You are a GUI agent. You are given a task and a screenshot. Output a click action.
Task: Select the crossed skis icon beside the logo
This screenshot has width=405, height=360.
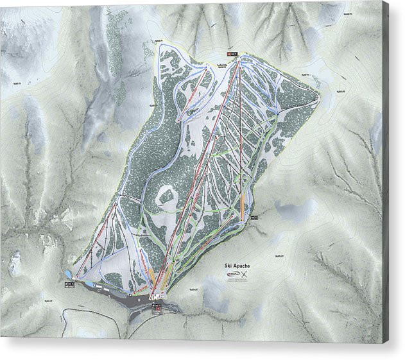245,277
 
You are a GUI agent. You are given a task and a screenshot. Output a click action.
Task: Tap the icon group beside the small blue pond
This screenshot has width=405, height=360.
69,283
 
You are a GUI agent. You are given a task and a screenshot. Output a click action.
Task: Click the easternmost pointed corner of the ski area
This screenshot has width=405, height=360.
319,98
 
